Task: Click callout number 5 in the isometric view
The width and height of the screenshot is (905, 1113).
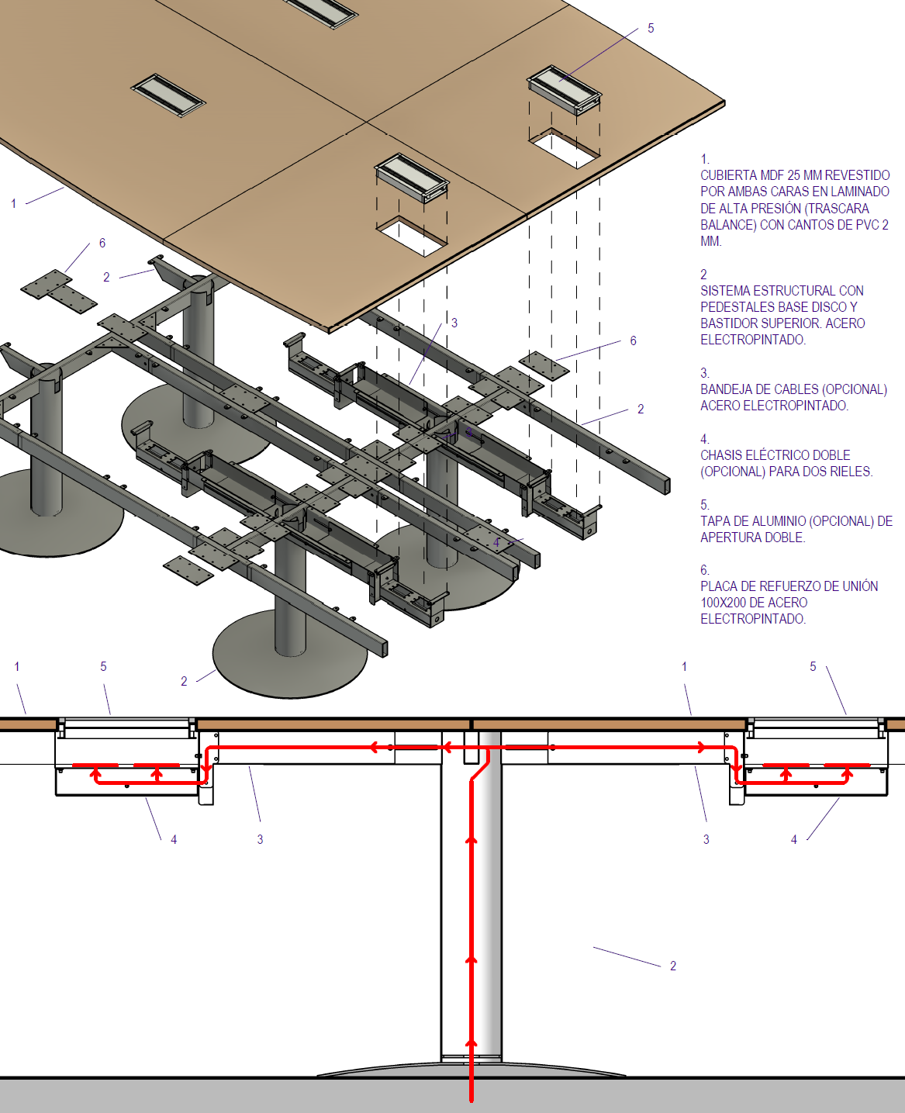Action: click(651, 28)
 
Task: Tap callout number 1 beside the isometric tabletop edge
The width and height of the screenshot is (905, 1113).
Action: click(14, 203)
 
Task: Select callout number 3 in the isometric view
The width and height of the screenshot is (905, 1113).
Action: click(454, 323)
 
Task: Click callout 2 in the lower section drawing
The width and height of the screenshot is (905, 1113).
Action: click(673, 966)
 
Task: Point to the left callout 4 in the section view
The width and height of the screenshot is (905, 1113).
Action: click(174, 839)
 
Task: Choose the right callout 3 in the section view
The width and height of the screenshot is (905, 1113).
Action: click(706, 839)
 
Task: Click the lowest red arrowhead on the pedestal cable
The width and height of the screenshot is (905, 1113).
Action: click(471, 1043)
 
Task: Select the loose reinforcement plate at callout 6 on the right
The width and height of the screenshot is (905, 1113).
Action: click(544, 365)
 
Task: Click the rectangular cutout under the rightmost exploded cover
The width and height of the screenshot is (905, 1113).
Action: click(565, 148)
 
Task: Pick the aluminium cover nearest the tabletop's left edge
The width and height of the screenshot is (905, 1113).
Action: click(168, 95)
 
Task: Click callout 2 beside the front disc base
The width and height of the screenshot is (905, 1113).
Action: click(184, 682)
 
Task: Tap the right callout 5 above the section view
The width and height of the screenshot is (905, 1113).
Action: click(813, 666)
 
